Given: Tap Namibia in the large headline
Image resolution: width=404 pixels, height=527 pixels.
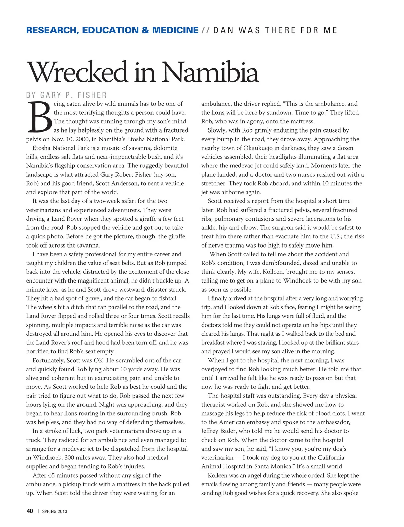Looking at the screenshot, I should pos(210,72).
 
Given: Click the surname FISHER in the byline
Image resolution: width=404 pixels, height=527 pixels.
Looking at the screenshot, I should pos(92,95).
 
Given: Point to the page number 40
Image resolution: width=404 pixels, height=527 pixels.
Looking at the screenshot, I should pos(30,511).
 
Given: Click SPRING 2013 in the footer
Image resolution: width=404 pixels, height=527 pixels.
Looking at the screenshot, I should pos(55,511).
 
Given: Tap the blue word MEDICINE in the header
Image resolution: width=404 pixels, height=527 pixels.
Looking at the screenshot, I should pos(175,30).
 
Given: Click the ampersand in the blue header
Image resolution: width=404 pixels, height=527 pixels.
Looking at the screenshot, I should pos(145,30).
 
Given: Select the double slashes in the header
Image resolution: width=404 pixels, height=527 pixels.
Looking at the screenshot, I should pos(206,30).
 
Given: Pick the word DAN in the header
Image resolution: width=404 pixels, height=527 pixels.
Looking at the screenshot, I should pos(223,30).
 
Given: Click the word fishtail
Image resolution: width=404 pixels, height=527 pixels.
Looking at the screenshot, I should pos(166,298).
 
